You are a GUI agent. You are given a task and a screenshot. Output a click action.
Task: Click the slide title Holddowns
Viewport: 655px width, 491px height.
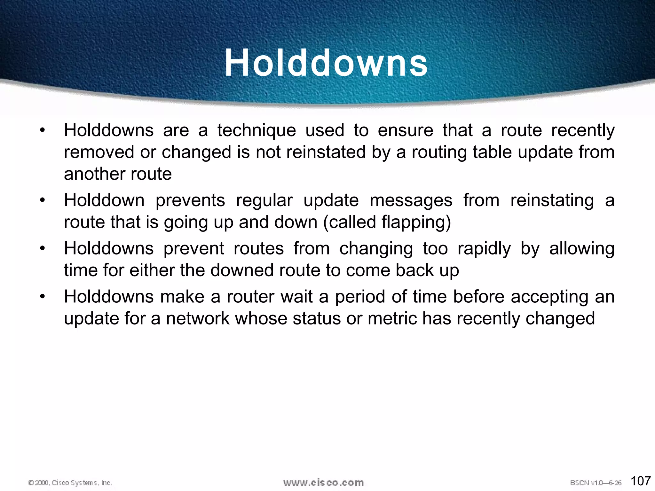pyautogui.click(x=326, y=63)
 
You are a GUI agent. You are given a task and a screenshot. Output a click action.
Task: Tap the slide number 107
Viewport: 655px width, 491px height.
pyautogui.click(x=641, y=481)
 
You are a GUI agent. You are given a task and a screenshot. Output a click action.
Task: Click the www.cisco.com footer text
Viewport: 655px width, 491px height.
pyautogui.click(x=323, y=482)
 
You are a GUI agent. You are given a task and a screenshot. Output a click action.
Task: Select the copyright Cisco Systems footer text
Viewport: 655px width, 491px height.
pyautogui.click(x=70, y=483)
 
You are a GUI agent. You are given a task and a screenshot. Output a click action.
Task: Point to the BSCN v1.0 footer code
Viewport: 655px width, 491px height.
pyautogui.click(x=596, y=483)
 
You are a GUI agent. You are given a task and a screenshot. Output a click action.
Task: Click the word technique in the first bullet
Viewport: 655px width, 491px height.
pyautogui.click(x=256, y=131)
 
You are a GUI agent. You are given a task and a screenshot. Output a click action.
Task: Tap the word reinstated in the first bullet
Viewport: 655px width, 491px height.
pyautogui.click(x=326, y=152)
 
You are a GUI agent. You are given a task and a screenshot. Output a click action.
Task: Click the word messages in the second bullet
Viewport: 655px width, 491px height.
pyautogui.click(x=411, y=201)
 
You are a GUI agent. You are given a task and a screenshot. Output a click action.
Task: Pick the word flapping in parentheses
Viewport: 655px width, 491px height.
pyautogui.click(x=414, y=222)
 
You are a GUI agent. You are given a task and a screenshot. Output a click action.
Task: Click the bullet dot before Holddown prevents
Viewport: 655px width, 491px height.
pyautogui.click(x=43, y=201)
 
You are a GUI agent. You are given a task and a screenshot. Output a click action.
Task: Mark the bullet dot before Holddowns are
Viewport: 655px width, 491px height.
pyautogui.click(x=43, y=131)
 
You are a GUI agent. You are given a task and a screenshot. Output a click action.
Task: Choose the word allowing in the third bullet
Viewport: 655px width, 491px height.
pyautogui.click(x=582, y=249)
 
